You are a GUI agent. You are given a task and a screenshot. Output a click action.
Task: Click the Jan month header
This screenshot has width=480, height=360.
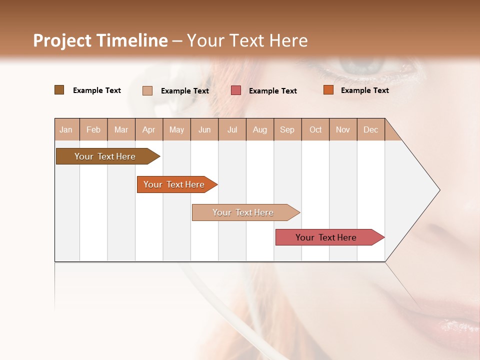pyautogui.click(x=66, y=129)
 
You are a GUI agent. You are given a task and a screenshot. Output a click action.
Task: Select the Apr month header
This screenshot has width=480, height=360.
pyautogui.click(x=148, y=129)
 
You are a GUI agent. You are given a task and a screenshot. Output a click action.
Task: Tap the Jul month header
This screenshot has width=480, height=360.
pyautogui.click(x=232, y=129)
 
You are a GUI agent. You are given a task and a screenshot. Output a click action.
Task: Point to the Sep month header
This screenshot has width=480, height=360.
pyautogui.click(x=287, y=129)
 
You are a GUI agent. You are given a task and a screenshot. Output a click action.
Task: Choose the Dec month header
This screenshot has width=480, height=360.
pyautogui.click(x=370, y=129)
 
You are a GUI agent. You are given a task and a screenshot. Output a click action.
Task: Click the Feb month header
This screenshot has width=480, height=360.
pyautogui.click(x=93, y=129)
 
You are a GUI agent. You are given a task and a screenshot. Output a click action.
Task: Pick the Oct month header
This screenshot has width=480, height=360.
pyautogui.click(x=315, y=129)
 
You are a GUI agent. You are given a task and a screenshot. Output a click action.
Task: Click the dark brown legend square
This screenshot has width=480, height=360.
pyautogui.click(x=59, y=90)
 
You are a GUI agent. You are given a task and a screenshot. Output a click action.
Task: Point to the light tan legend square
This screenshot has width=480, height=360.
pyautogui.click(x=147, y=90)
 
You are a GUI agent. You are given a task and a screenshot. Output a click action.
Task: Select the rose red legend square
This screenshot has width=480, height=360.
pyautogui.click(x=236, y=90)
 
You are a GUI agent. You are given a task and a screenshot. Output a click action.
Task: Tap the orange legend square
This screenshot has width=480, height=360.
pyautogui.click(x=328, y=90)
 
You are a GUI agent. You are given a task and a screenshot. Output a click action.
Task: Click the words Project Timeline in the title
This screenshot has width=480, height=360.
pyautogui.click(x=100, y=40)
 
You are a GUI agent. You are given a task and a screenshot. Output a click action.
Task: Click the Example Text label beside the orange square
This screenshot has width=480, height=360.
pyautogui.click(x=364, y=90)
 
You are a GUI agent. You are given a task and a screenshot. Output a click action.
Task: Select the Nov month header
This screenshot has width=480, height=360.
pyautogui.click(x=343, y=129)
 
